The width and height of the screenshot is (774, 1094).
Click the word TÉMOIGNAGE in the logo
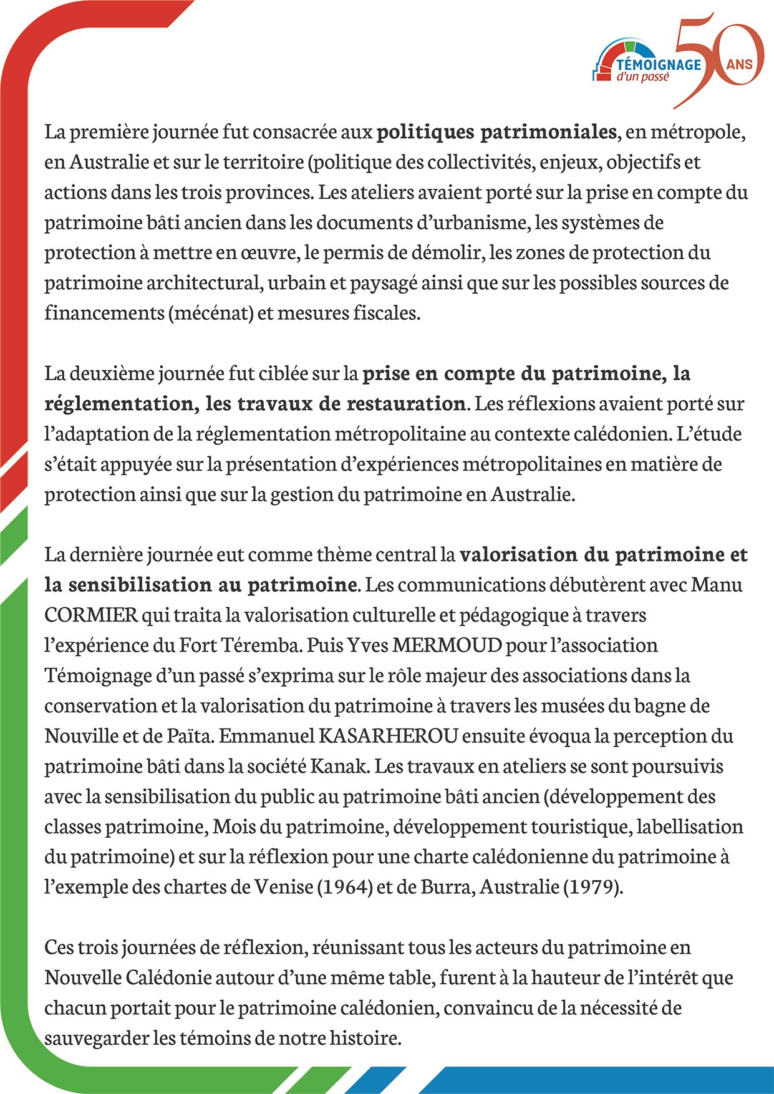click(x=659, y=64)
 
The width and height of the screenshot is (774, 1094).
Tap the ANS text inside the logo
click(x=739, y=64)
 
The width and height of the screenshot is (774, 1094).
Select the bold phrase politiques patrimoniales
click(x=496, y=132)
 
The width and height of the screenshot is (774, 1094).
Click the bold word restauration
click(x=405, y=404)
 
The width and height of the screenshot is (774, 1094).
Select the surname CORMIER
click(x=91, y=615)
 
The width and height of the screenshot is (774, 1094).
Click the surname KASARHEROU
click(x=389, y=736)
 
